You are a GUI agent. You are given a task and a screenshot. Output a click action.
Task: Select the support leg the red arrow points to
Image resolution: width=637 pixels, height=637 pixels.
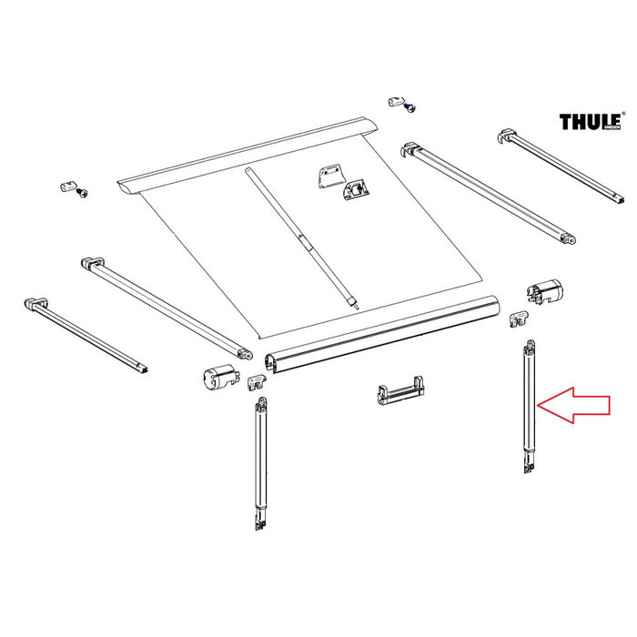point(528,405)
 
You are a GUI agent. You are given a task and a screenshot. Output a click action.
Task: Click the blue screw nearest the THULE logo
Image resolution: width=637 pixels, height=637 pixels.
point(409,107)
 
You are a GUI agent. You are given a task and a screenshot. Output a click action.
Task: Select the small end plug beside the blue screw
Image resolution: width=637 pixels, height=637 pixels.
point(395,99)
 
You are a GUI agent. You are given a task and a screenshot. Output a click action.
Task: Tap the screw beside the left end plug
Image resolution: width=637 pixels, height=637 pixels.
point(84,193)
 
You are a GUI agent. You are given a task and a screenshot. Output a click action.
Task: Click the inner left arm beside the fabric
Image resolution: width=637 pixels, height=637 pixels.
point(168,305)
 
